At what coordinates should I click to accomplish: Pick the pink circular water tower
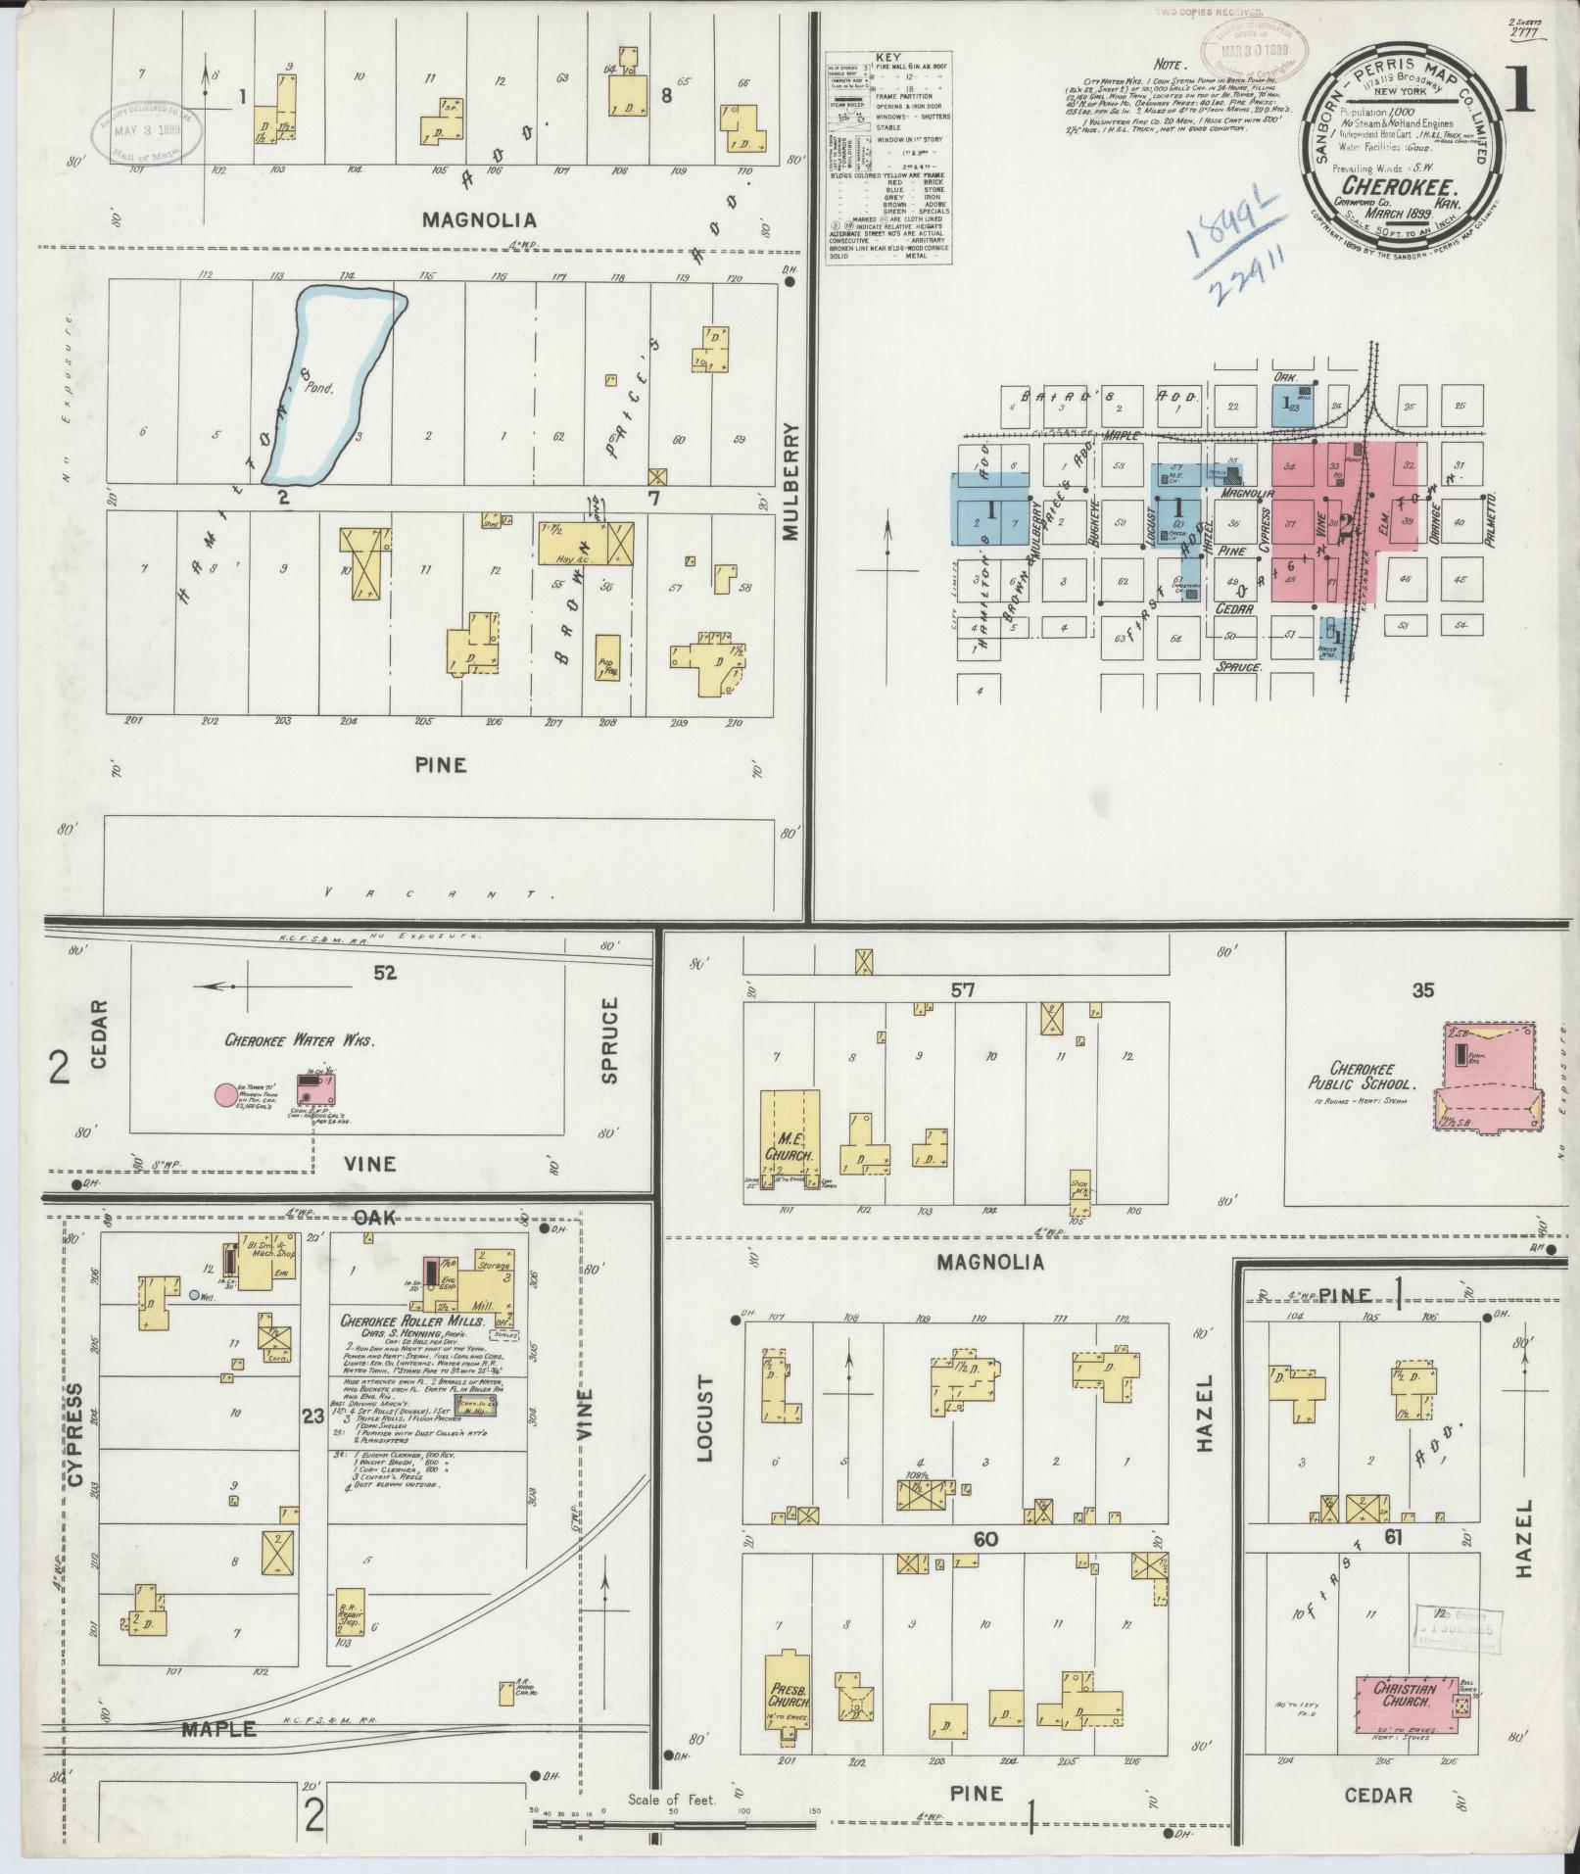pos(226,1094)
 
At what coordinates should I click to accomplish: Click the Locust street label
pos(707,1431)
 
